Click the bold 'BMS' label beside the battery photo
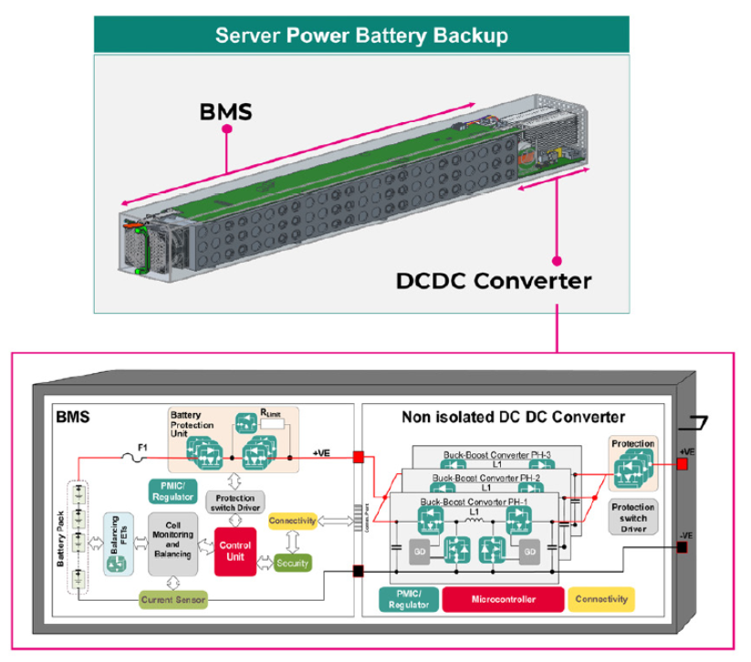point(225,112)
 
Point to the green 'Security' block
point(292,564)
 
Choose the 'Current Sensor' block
point(173,599)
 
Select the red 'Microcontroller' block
point(503,599)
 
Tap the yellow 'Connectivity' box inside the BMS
point(292,521)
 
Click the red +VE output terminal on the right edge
point(683,465)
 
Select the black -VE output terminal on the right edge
point(683,547)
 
